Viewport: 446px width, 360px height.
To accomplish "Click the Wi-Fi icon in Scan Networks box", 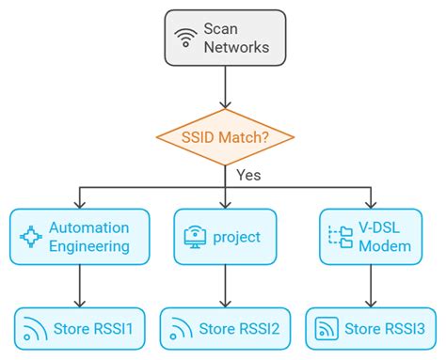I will tap(184, 38).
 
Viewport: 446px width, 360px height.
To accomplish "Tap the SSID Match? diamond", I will tap(223, 137).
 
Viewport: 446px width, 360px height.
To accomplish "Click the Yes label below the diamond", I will tap(247, 175).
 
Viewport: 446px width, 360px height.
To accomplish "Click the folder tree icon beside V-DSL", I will tap(338, 236).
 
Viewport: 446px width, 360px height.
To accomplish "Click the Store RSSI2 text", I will tap(239, 329).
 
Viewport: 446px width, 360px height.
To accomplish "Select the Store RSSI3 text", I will tap(384, 329).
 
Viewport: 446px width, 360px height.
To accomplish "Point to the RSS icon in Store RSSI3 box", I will tap(326, 329).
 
